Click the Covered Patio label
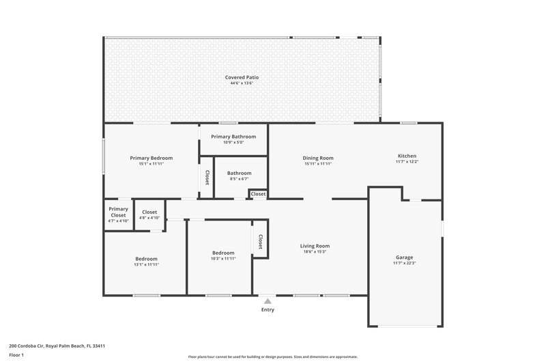(x=242, y=77)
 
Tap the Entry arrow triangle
(x=268, y=300)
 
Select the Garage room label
(x=404, y=257)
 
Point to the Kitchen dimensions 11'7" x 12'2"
(x=407, y=163)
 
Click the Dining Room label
(x=317, y=158)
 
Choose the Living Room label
(x=315, y=246)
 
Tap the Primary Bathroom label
(x=233, y=137)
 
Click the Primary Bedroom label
(x=151, y=158)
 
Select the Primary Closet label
(x=118, y=212)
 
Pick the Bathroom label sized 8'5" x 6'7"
(x=239, y=173)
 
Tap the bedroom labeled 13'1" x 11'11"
(x=146, y=259)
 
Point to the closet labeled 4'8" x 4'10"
(x=149, y=212)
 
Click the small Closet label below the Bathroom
(x=258, y=194)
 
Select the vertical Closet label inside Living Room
(x=261, y=241)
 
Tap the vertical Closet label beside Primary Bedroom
(x=206, y=177)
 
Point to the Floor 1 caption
(x=16, y=355)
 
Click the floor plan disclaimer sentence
(x=272, y=356)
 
